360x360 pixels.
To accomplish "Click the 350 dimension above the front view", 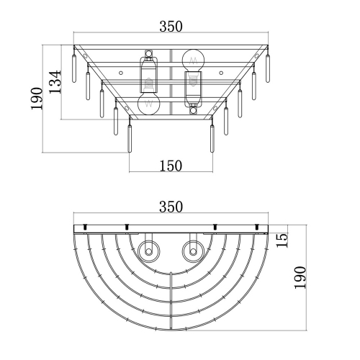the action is coord(171,27).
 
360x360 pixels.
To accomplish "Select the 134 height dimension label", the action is coord(55,82).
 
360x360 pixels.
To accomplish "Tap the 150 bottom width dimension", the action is coord(171,166).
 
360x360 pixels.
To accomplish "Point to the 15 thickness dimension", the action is coord(282,240).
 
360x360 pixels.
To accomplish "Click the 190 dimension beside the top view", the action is coord(300,277).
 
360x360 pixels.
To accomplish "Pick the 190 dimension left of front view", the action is coord(37,99).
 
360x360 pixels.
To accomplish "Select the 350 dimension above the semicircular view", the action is coord(171,207).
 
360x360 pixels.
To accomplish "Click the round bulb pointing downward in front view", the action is coord(148,104).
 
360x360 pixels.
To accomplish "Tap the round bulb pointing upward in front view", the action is coord(193,60).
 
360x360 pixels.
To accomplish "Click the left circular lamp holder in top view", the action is coord(148,252).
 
